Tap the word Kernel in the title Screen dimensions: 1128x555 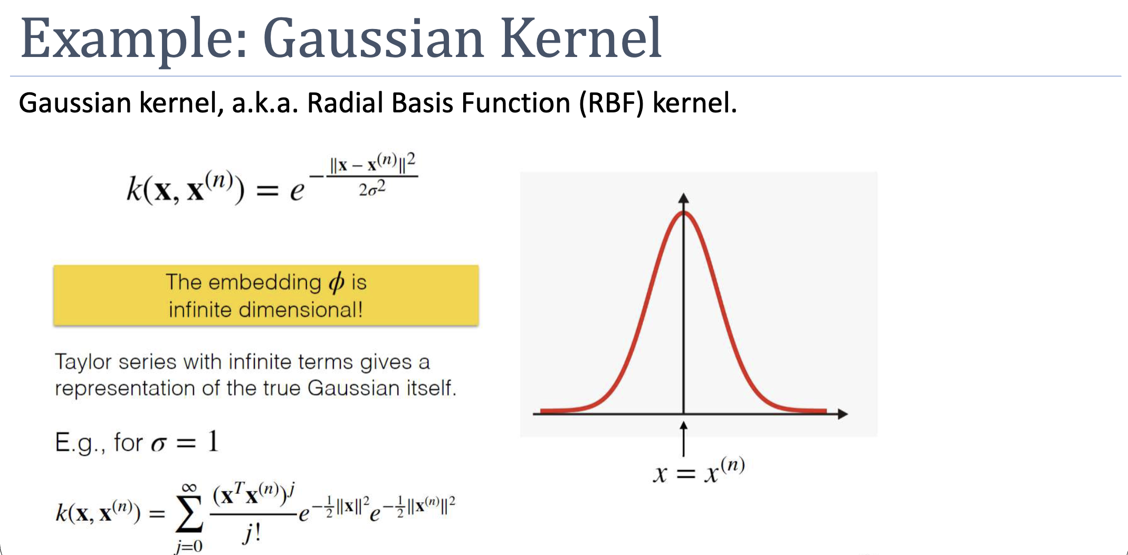pos(581,38)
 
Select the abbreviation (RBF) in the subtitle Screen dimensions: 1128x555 pos(611,103)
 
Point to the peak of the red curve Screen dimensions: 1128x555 pos(684,212)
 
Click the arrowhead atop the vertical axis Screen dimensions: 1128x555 pos(684,198)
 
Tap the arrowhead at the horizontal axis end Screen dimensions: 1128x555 pos(843,414)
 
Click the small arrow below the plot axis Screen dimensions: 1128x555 pos(684,438)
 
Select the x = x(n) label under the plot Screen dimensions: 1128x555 pos(699,471)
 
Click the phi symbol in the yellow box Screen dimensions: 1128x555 pos(337,283)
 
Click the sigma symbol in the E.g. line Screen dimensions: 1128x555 pos(159,443)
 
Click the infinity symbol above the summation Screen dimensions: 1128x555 pos(189,487)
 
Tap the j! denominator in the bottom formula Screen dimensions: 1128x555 pos(252,534)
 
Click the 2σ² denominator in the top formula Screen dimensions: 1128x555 pos(372,188)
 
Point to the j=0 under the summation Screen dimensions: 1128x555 pos(189,546)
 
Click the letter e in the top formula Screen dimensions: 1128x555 pos(297,192)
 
